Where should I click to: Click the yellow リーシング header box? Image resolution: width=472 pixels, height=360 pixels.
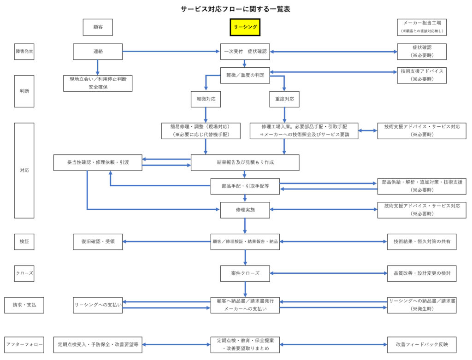(x=245, y=27)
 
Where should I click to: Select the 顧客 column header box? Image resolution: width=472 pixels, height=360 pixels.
(x=98, y=27)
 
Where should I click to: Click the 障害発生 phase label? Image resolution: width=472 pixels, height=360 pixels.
(x=24, y=52)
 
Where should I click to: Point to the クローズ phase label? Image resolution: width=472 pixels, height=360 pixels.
(x=24, y=273)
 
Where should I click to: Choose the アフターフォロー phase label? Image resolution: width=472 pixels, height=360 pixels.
(x=24, y=344)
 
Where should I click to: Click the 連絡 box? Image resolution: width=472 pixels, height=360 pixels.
(x=98, y=52)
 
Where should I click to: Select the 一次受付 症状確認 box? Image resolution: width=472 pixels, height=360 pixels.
(x=245, y=52)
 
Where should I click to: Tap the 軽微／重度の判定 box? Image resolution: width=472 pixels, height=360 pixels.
(x=245, y=75)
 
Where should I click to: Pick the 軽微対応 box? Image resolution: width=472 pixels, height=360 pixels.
(x=206, y=99)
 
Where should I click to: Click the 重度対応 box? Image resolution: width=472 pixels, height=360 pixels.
(x=284, y=99)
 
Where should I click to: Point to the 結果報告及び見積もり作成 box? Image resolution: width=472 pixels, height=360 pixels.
(x=245, y=162)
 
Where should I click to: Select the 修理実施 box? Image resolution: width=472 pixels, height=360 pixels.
(x=245, y=210)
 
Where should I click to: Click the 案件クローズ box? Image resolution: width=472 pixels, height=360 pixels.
(x=245, y=273)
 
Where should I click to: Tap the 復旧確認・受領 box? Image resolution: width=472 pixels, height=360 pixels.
(x=98, y=241)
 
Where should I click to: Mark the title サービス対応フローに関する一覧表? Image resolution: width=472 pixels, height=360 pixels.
(x=236, y=9)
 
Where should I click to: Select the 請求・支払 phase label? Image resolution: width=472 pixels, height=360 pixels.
(x=24, y=305)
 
